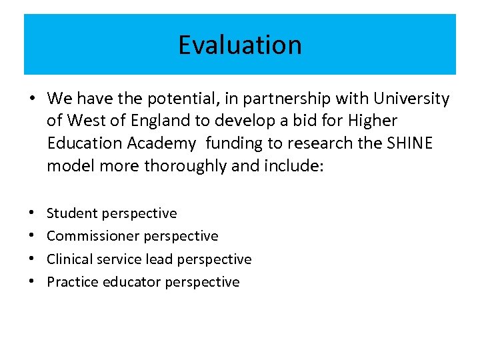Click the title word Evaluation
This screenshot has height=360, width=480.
[x=239, y=45]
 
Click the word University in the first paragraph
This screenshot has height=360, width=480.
[x=411, y=99]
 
